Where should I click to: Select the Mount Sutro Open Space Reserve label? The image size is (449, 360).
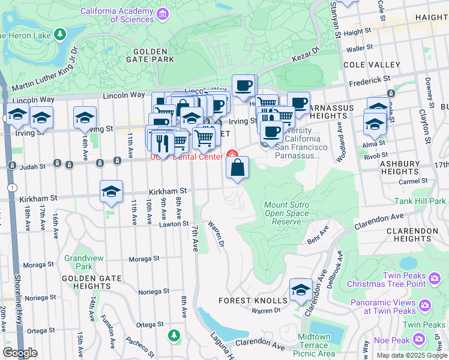[287, 213]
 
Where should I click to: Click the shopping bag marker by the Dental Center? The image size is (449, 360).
[238, 167]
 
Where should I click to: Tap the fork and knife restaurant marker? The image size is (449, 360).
[160, 143]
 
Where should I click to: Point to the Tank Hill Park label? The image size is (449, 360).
[420, 202]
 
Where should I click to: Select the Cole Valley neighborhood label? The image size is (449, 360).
[371, 65]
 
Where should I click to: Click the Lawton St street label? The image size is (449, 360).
[174, 224]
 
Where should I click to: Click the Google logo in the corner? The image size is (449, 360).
[20, 353]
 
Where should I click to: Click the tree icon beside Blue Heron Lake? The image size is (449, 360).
[60, 35]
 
